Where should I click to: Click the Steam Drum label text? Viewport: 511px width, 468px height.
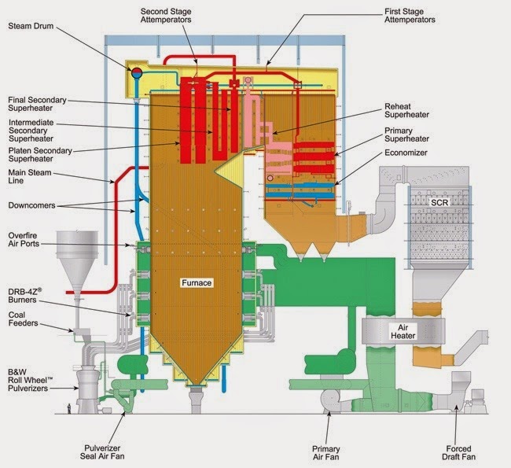pyautogui.click(x=33, y=26)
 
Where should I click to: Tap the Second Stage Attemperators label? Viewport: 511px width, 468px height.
pyautogui.click(x=167, y=16)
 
